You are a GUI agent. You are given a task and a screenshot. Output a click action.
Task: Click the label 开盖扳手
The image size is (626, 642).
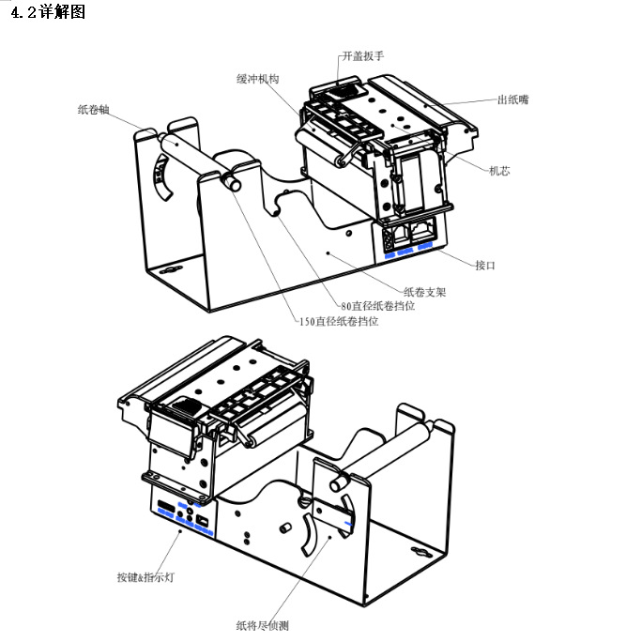[363, 56]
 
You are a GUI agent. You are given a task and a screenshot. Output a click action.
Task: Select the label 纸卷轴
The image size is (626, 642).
[95, 109]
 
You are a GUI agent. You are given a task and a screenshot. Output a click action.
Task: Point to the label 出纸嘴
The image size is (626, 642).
[512, 99]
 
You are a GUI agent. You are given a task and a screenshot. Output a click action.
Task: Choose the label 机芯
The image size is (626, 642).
[499, 171]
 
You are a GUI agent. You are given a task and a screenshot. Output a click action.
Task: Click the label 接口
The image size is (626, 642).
[484, 266]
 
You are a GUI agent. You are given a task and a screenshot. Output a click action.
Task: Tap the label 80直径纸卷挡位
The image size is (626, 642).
[378, 306]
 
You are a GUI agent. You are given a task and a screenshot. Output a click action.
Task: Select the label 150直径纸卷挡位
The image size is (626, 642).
[340, 321]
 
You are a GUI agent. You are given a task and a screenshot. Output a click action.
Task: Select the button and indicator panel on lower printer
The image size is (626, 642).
[184, 515]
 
